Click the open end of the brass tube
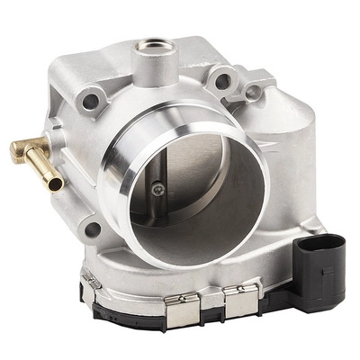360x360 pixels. tap(56, 184)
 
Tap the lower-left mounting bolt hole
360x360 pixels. tap(92, 229)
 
